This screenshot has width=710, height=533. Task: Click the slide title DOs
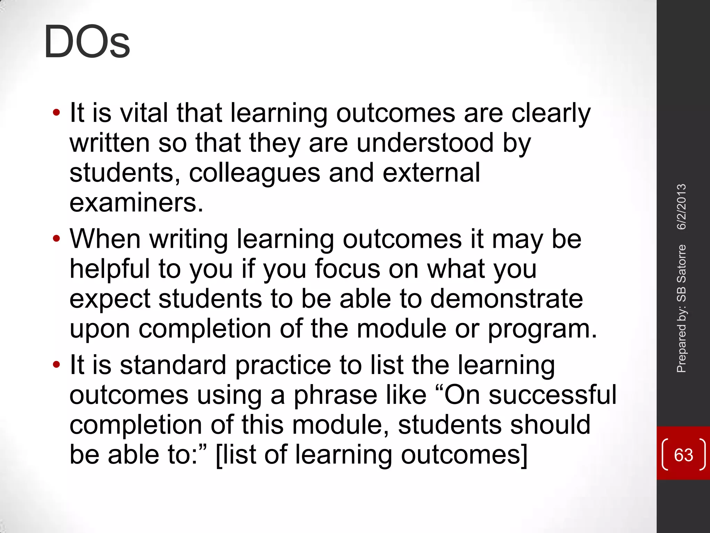87,42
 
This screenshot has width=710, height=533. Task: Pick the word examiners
136,203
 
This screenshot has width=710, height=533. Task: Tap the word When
105,239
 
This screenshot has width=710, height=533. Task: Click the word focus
347,269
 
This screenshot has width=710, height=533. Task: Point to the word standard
173,365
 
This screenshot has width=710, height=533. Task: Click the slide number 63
683,455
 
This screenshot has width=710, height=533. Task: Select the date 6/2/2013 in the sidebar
682,207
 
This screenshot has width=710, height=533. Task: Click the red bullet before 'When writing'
56,239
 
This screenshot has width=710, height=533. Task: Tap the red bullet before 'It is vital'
56,113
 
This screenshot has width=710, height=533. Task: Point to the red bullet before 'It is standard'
56,365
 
